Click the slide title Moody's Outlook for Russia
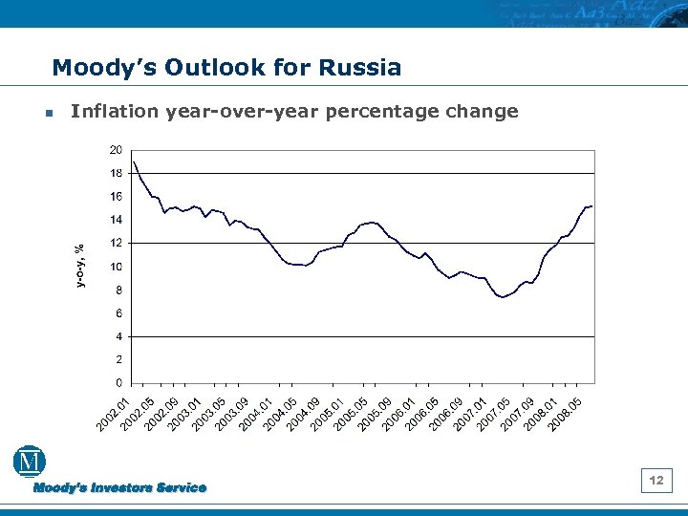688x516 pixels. pyautogui.click(x=226, y=68)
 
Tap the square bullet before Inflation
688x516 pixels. pyautogui.click(x=47, y=113)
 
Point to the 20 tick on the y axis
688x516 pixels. pyautogui.click(x=115, y=150)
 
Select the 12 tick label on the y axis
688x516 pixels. pyautogui.click(x=115, y=243)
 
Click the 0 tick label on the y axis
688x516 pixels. pyautogui.click(x=118, y=383)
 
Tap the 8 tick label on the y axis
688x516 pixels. pyautogui.click(x=118, y=290)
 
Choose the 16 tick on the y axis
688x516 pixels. pyautogui.click(x=115, y=197)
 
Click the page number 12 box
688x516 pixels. pyautogui.click(x=656, y=480)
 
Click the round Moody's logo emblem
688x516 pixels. pyautogui.click(x=30, y=462)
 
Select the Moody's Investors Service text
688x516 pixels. pyautogui.click(x=120, y=487)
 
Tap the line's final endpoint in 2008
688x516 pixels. pyautogui.click(x=592, y=206)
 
